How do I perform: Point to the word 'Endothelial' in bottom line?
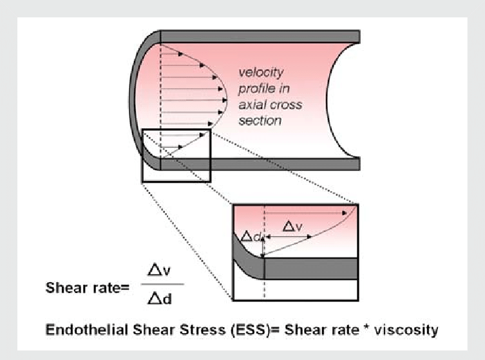pyautogui.click(x=85, y=330)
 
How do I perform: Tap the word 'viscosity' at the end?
pyautogui.click(x=409, y=330)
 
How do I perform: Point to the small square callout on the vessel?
pyautogui.click(x=176, y=155)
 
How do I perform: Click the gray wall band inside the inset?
pyautogui.click(x=309, y=267)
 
